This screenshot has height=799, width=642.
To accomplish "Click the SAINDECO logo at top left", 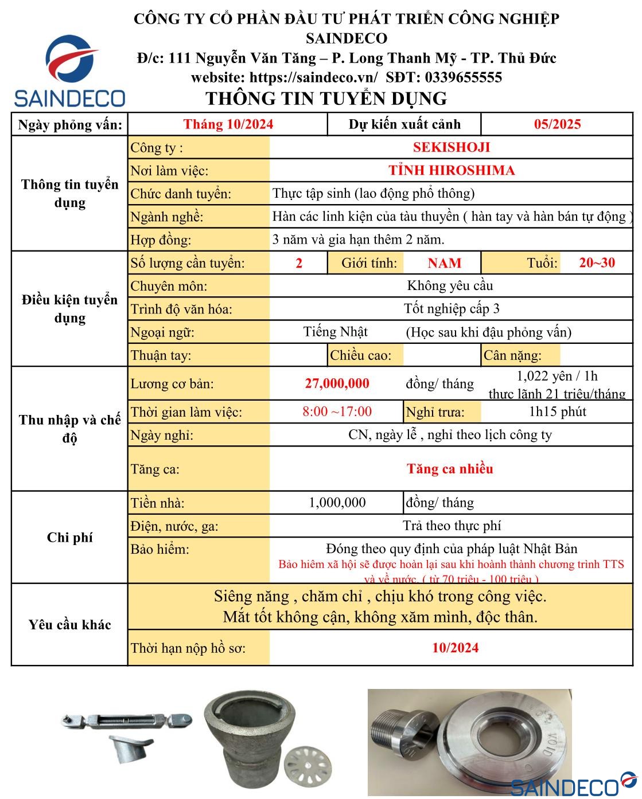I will pyautogui.click(x=69, y=71).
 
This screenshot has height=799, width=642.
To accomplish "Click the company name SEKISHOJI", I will pyautogui.click(x=451, y=147).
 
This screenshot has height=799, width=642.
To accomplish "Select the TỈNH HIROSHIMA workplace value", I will pyautogui.click(x=451, y=170).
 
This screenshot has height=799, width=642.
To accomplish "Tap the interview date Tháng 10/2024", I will pyautogui.click(x=228, y=124).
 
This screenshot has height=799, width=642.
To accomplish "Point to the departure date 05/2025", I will pyautogui.click(x=557, y=124).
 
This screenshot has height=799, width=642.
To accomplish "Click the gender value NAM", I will pyautogui.click(x=444, y=263).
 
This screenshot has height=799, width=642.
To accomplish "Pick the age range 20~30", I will pyautogui.click(x=597, y=263).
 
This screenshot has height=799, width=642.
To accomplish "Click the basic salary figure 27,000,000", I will pyautogui.click(x=337, y=383).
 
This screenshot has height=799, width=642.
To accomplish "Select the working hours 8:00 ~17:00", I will pyautogui.click(x=337, y=412).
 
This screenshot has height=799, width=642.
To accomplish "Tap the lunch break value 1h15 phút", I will pyautogui.click(x=557, y=412).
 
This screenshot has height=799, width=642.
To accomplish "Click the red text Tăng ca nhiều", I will pyautogui.click(x=450, y=469).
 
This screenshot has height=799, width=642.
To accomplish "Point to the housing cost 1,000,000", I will pyautogui.click(x=337, y=503).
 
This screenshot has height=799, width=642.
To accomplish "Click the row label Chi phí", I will pyautogui.click(x=69, y=538).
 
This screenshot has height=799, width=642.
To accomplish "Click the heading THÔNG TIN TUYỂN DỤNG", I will pyautogui.click(x=326, y=99).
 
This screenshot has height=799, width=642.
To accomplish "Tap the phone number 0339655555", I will pyautogui.click(x=463, y=77).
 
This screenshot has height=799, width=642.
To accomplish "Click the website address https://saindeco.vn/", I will pyautogui.click(x=314, y=77).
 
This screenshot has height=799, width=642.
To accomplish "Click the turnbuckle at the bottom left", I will pyautogui.click(x=126, y=720).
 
